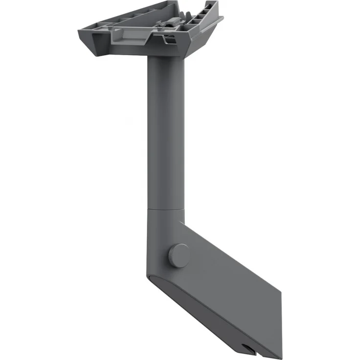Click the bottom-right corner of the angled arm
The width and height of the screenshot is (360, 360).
click(282, 354)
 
